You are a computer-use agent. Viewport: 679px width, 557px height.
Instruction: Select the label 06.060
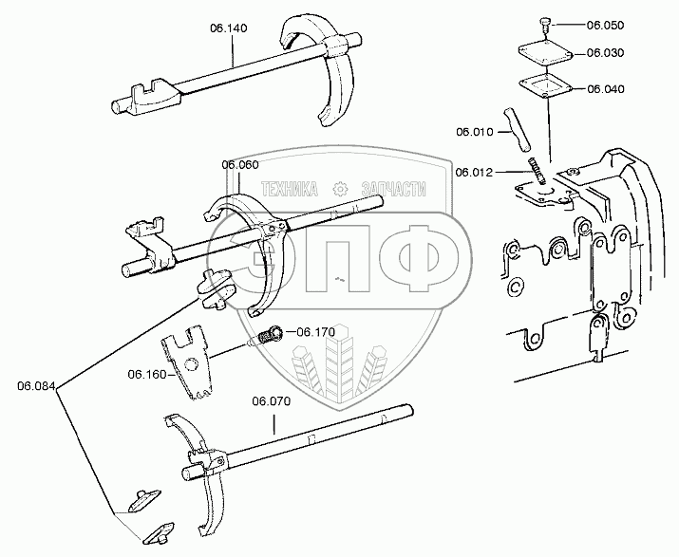pyautogui.click(x=240, y=164)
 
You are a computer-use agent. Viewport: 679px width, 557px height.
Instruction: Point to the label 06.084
pyautogui.click(x=35, y=385)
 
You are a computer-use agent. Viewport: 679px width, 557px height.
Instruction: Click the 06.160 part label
pyautogui.click(x=146, y=374)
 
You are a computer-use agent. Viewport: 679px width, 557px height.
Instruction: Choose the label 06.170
pyautogui.click(x=316, y=332)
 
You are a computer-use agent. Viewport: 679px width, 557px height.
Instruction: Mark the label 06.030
pyautogui.click(x=605, y=54)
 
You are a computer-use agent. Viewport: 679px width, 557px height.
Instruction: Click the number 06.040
pyautogui.click(x=605, y=88)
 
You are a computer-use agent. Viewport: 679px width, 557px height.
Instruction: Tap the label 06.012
pyautogui.click(x=473, y=172)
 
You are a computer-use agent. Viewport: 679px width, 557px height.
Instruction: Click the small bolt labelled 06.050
pyautogui.click(x=545, y=24)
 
